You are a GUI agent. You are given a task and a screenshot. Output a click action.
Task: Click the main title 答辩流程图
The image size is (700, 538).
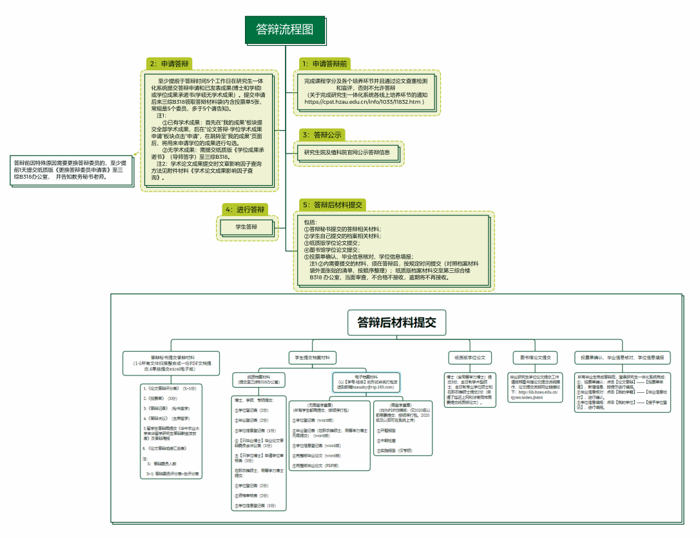pyautogui.click(x=285, y=29)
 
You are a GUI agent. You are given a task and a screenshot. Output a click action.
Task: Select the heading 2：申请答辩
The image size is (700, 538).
pyautogui.click(x=170, y=64)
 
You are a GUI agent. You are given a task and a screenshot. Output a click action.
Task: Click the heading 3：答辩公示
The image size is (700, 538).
pyautogui.click(x=322, y=135)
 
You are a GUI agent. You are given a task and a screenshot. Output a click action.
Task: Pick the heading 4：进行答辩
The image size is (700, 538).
pyautogui.click(x=245, y=210)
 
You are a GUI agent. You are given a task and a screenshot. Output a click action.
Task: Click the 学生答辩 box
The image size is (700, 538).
pyautogui.click(x=246, y=227)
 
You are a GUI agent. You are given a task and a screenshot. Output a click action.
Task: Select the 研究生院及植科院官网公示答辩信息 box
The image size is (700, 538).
pyautogui.click(x=347, y=153)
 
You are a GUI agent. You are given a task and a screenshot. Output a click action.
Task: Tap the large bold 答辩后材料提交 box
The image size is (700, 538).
pyautogui.click(x=396, y=322)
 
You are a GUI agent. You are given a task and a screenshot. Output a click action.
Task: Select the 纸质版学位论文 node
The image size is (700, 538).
pyautogui.click(x=471, y=357)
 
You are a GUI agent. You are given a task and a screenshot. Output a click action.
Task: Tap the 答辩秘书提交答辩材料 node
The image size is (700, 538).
pyautogui.click(x=173, y=361)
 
